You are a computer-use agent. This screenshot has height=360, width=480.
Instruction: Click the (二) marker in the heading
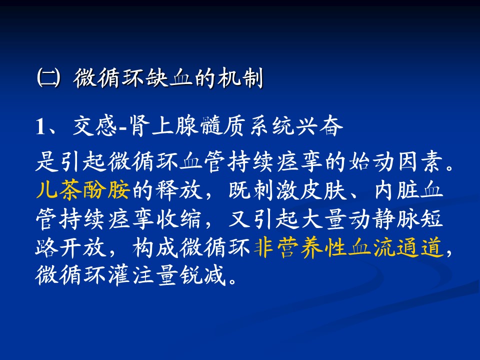48,78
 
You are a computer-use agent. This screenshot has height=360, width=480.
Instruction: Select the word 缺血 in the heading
168,78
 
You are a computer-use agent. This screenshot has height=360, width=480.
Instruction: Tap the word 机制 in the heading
239,78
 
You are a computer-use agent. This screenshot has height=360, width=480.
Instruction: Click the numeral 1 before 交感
40,126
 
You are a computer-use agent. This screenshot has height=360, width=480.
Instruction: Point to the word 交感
95,126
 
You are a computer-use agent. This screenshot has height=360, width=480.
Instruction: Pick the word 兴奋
319,126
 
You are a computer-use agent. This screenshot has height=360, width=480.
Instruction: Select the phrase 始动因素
396,161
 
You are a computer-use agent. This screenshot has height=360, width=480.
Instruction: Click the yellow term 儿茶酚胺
83,190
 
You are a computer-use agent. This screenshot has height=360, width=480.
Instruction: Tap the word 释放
178,190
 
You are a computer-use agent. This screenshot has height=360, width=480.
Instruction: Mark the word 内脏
396,190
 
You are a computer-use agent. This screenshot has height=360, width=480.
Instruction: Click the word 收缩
178,219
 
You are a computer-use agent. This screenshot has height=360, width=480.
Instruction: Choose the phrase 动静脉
383,219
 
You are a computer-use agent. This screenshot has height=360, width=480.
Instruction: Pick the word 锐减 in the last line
202,275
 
